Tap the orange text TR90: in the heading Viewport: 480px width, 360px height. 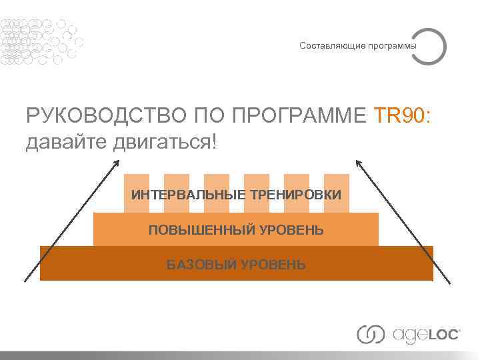coord(403,117)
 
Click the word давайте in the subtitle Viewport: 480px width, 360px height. coord(63,141)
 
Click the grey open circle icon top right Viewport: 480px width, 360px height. coord(428,45)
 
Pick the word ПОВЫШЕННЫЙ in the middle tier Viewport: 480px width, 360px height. coord(193,230)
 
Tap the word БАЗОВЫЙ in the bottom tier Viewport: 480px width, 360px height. coord(198,265)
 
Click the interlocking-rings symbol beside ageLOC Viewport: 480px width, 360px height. coord(371,334)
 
